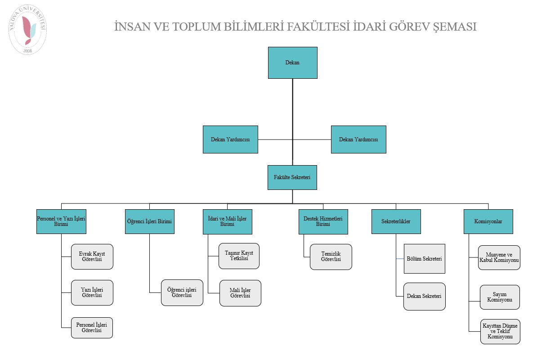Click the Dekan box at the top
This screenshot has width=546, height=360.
pyautogui.click(x=292, y=63)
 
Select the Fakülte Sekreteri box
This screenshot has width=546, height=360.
pyautogui.click(x=292, y=177)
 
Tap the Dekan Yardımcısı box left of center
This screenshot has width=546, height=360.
pyautogui.click(x=230, y=139)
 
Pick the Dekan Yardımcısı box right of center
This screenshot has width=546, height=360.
pyautogui.click(x=358, y=139)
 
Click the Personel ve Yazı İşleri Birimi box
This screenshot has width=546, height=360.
pyautogui.click(x=61, y=221)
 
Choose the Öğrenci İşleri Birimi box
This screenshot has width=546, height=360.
pyautogui.click(x=149, y=221)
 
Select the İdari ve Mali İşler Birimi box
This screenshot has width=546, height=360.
pyautogui.click(x=227, y=221)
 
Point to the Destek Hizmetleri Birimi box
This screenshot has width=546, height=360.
pyautogui.click(x=323, y=221)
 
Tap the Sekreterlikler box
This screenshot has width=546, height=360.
pyautogui.click(x=396, y=221)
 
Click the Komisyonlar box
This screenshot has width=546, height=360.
pyautogui.click(x=488, y=221)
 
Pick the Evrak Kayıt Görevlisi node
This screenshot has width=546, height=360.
pyautogui.click(x=92, y=256)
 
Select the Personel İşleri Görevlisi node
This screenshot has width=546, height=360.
pyautogui.click(x=92, y=328)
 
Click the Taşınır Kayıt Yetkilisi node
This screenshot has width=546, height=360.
pyautogui.click(x=239, y=256)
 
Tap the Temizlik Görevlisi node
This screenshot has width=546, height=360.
pyautogui.click(x=331, y=256)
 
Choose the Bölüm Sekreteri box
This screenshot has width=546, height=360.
pyautogui.click(x=424, y=259)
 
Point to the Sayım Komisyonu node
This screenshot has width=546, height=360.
pyautogui.click(x=500, y=297)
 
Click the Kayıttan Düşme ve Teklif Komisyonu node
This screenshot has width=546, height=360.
pyautogui.click(x=500, y=332)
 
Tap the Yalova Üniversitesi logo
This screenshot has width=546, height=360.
pyautogui.click(x=28, y=30)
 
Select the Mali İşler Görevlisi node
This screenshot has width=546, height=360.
pyautogui.click(x=240, y=293)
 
